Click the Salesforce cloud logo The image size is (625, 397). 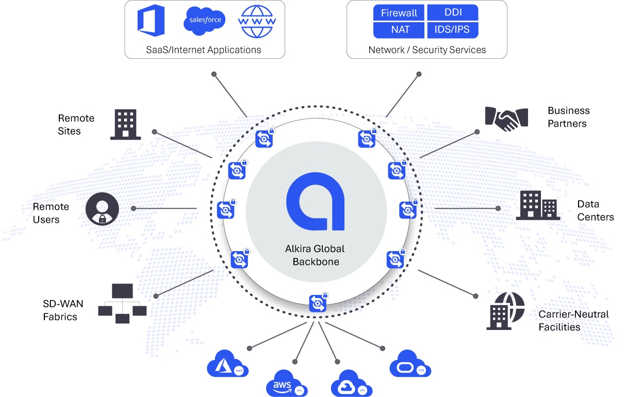pyautogui.click(x=205, y=21)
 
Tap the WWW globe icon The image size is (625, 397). pyautogui.click(x=257, y=21)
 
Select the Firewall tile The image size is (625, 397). pyautogui.click(x=399, y=13)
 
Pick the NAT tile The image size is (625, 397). pyautogui.click(x=399, y=30)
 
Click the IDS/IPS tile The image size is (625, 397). pyautogui.click(x=453, y=30)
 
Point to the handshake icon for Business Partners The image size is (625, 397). pyautogui.click(x=507, y=117)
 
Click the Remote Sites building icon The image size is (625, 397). pyautogui.click(x=125, y=124)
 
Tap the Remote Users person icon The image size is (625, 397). pyautogui.click(x=102, y=209)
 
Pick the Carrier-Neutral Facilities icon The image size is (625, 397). pyautogui.click(x=505, y=310)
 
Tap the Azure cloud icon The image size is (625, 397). pyautogui.click(x=227, y=365)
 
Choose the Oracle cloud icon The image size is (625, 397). pyautogui.click(x=410, y=364)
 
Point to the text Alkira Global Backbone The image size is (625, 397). pyautogui.click(x=316, y=255)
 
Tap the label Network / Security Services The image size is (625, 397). pyautogui.click(x=427, y=50)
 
